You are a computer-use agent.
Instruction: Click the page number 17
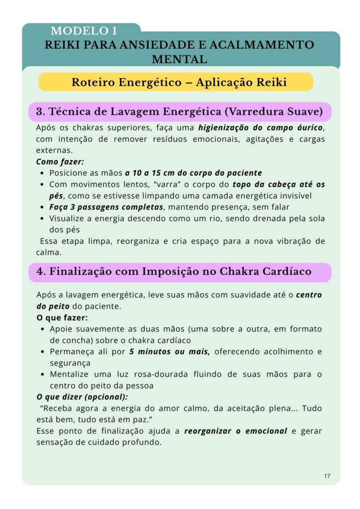click(x=327, y=476)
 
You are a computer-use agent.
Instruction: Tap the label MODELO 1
click(x=84, y=31)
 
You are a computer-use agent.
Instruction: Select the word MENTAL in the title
click(x=180, y=60)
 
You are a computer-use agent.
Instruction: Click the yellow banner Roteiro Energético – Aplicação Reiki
click(x=179, y=82)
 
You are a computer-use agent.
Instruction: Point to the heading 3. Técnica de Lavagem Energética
click(x=180, y=112)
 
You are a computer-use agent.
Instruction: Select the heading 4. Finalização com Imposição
click(x=173, y=271)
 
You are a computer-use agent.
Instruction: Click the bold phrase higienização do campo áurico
click(x=261, y=127)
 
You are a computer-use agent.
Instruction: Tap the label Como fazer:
click(x=60, y=161)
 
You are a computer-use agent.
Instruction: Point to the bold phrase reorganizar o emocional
click(x=235, y=431)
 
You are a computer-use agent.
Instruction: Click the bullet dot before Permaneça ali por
click(x=43, y=352)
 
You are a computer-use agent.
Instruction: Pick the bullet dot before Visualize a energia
click(x=43, y=219)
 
